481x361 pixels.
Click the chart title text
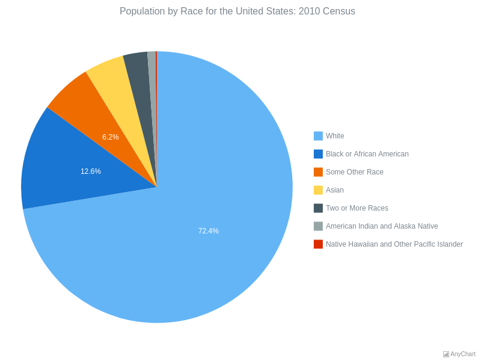(237, 11)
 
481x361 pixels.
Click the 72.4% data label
(209, 231)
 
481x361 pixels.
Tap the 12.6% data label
(91, 171)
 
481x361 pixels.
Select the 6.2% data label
(111, 137)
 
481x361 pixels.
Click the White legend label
(335, 136)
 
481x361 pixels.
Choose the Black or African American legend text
(367, 154)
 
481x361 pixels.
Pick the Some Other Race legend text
(354, 172)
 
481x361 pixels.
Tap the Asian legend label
(335, 190)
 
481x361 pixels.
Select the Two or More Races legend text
(357, 208)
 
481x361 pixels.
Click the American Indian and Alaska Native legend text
(382, 226)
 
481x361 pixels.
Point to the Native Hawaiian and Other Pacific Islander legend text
(394, 244)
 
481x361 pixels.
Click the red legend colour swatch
(318, 244)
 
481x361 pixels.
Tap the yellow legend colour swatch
(318, 190)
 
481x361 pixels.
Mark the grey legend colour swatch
(318, 226)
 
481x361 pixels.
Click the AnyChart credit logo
(459, 354)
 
